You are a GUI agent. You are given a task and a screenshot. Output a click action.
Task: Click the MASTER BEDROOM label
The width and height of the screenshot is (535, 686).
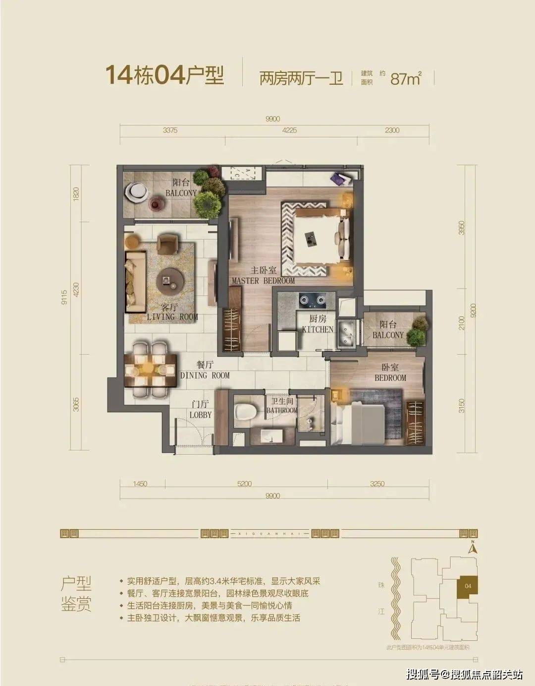click(x=263, y=276)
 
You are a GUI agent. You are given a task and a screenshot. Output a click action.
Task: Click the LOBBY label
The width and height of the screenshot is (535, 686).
click(x=200, y=410)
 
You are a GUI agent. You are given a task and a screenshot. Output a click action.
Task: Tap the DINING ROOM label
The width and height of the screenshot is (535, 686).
click(x=205, y=371)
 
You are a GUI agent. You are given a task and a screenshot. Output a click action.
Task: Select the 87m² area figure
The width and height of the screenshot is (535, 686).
click(x=406, y=78)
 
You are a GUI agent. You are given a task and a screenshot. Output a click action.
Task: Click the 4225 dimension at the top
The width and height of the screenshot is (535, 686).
click(x=289, y=130)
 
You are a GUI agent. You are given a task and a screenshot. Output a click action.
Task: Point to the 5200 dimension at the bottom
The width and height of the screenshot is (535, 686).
click(x=245, y=484)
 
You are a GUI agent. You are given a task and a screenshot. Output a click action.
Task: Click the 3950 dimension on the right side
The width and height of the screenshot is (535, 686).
click(x=462, y=228)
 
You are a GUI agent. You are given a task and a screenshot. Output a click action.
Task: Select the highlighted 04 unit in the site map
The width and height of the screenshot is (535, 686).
click(x=468, y=586)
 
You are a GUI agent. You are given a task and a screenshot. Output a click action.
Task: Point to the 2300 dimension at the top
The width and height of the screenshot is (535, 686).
click(x=391, y=130)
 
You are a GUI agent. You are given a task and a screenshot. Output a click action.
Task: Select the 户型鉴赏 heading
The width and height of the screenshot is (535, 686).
click(x=76, y=594)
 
